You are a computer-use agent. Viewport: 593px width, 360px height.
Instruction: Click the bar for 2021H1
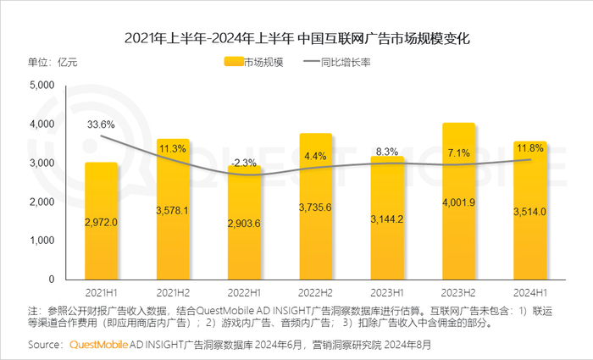(x=101, y=220)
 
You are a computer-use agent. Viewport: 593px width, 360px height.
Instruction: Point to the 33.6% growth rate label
(x=101, y=125)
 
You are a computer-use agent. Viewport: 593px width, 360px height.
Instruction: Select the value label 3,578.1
(x=173, y=210)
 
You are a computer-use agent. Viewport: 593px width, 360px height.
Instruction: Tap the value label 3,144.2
(x=387, y=219)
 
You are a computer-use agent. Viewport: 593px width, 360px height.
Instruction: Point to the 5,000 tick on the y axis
(x=42, y=86)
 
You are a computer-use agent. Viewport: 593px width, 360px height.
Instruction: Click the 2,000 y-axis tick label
(x=42, y=202)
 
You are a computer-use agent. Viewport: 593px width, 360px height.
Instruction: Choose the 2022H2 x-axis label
(x=315, y=291)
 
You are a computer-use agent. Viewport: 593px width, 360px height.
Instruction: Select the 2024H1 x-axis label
(x=530, y=291)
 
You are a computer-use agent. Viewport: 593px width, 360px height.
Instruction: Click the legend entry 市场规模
(x=254, y=62)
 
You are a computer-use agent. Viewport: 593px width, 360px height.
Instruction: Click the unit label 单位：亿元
(x=53, y=62)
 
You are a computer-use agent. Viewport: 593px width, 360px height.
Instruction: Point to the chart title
(x=296, y=38)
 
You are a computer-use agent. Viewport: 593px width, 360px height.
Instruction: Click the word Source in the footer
(x=44, y=345)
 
